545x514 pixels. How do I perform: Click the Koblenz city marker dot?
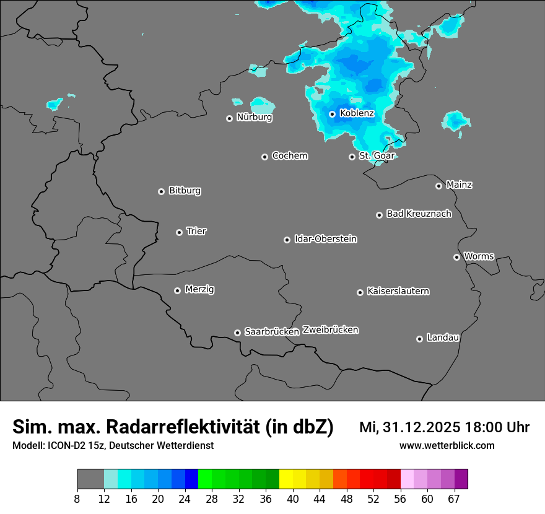tap(332, 114)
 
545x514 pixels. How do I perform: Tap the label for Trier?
tap(196, 231)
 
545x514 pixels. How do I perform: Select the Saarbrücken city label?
tap(272, 332)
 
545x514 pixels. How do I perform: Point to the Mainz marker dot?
tap(438, 186)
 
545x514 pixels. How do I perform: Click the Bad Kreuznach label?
tap(419, 214)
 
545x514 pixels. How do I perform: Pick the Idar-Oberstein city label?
tap(325, 239)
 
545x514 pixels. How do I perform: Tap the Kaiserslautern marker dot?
tap(360, 292)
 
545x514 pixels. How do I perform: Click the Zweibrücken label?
tap(330, 330)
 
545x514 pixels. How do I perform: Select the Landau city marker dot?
tap(419, 339)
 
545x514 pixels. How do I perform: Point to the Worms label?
tap(479, 256)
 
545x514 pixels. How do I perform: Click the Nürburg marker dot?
tap(229, 118)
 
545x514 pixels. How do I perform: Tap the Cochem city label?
tap(289, 156)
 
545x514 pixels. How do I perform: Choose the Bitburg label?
tap(185, 191)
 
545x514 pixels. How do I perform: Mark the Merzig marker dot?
tap(177, 290)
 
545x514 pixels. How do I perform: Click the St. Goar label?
tap(377, 156)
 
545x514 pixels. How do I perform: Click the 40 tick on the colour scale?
tap(293, 499)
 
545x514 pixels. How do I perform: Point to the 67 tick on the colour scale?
tap(454, 499)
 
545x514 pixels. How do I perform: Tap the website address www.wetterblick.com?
tap(447, 446)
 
